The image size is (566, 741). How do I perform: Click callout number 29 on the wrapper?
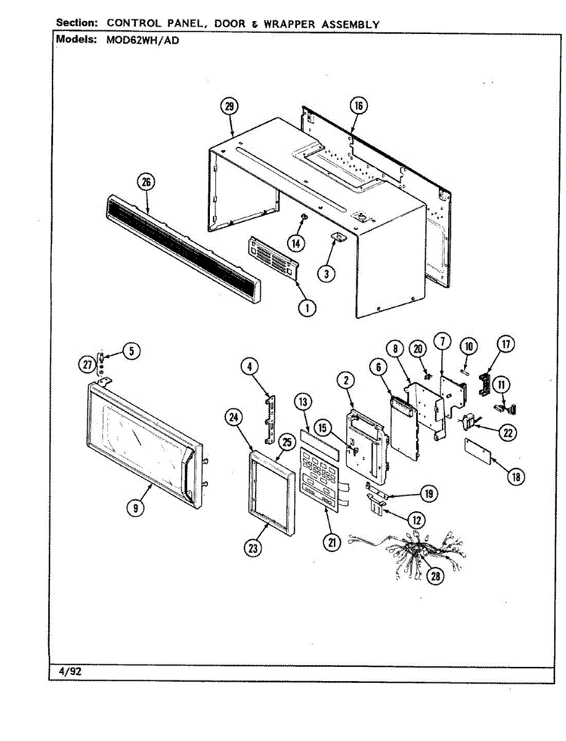[229, 107]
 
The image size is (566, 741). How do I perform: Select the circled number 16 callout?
[358, 106]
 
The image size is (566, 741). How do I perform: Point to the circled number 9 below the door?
[136, 508]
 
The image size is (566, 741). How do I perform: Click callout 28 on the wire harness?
[436, 576]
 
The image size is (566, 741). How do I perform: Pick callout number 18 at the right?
[516, 477]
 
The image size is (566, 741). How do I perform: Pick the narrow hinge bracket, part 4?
[269, 419]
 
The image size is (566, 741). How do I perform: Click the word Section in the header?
[77, 23]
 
